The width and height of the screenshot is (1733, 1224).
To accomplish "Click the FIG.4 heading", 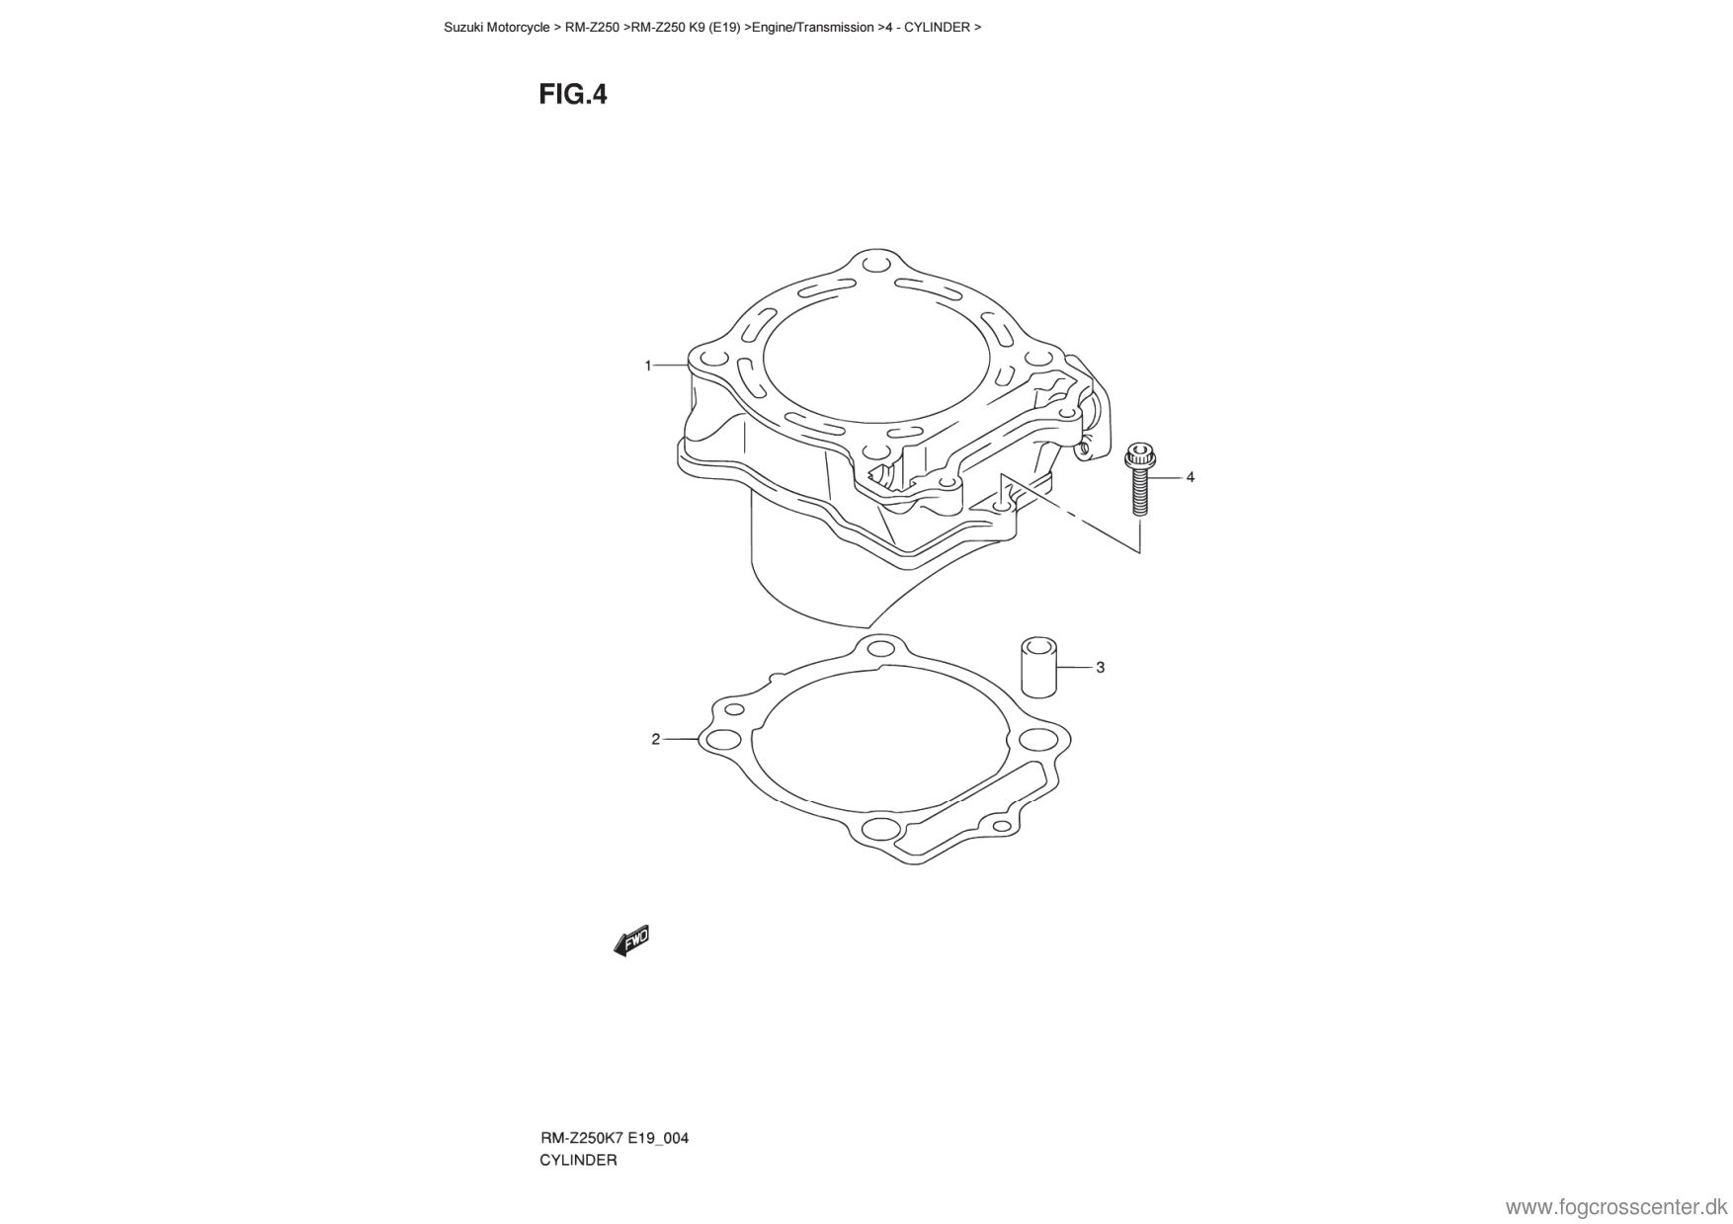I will (x=573, y=95).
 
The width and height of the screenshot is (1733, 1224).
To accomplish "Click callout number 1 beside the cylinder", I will (x=648, y=366).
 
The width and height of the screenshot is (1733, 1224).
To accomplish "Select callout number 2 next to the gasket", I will (x=655, y=739).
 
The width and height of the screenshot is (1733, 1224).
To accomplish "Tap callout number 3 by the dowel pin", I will (x=1100, y=668).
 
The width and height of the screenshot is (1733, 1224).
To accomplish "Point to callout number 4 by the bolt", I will (x=1190, y=477).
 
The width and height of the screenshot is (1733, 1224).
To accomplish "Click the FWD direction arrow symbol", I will (x=632, y=939).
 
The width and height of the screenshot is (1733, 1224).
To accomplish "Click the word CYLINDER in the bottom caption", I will (x=578, y=1161).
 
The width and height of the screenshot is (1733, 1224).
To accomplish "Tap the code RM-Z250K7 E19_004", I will (x=614, y=1138).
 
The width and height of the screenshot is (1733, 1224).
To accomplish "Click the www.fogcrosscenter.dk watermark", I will (x=1615, y=1207).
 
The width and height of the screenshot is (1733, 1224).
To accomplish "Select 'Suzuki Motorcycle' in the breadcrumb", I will (x=497, y=28).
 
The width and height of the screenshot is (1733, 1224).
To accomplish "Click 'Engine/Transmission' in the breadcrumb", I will (x=812, y=28).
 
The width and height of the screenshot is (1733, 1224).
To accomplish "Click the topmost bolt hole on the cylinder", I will (x=870, y=266).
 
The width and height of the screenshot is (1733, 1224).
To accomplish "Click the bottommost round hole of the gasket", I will (x=876, y=827).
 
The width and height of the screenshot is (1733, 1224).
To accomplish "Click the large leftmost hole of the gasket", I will (x=719, y=741).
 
